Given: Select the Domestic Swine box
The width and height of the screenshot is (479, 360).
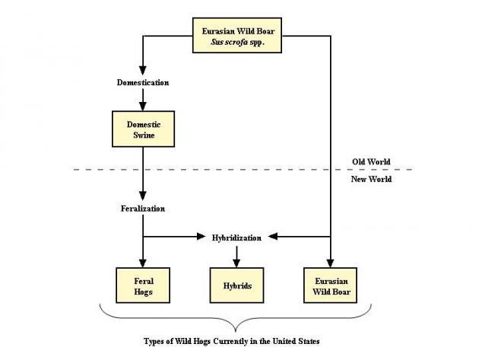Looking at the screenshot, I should (143, 129).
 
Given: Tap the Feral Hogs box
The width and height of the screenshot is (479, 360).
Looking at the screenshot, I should (143, 285).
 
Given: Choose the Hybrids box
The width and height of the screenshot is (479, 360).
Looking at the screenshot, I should (236, 285).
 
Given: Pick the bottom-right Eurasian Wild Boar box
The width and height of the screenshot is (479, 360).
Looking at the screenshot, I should (331, 285).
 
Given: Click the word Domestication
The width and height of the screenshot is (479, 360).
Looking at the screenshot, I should (143, 81).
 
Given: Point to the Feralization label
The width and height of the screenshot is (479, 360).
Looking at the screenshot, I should (143, 208).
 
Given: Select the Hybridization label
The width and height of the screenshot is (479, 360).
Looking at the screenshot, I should (236, 237).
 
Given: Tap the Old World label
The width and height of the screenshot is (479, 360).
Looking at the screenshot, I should (371, 161).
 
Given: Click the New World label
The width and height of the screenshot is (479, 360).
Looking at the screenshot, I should (372, 179).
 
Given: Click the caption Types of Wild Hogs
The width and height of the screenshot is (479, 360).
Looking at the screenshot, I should (232, 341).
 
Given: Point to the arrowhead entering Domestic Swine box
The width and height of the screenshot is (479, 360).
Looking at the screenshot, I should (143, 107).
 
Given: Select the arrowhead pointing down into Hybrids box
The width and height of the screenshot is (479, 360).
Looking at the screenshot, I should (236, 261).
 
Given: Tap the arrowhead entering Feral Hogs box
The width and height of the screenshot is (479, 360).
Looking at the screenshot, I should (143, 261).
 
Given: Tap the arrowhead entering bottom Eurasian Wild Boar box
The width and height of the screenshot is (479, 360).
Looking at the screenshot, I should (331, 261).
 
